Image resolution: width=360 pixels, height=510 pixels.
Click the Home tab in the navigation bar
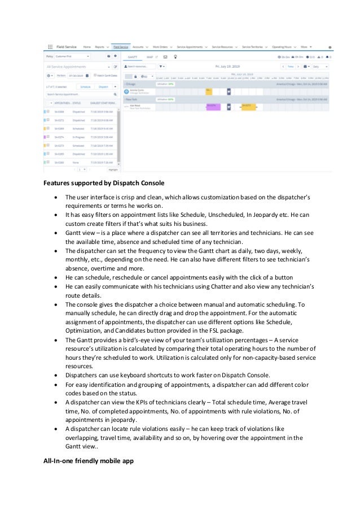point(86,47)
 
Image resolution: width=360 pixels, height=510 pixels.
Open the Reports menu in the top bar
point(99,47)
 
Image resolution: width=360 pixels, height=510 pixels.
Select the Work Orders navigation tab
point(160,47)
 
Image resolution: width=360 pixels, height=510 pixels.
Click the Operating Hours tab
point(283,47)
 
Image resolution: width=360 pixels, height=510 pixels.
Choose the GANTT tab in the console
point(133,57)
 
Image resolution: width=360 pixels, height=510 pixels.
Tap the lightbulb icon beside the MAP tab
point(175,57)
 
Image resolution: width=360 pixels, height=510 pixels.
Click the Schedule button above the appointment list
point(85,88)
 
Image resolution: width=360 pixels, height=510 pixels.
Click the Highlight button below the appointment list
point(113,169)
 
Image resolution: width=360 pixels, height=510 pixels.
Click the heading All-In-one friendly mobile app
point(89,460)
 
